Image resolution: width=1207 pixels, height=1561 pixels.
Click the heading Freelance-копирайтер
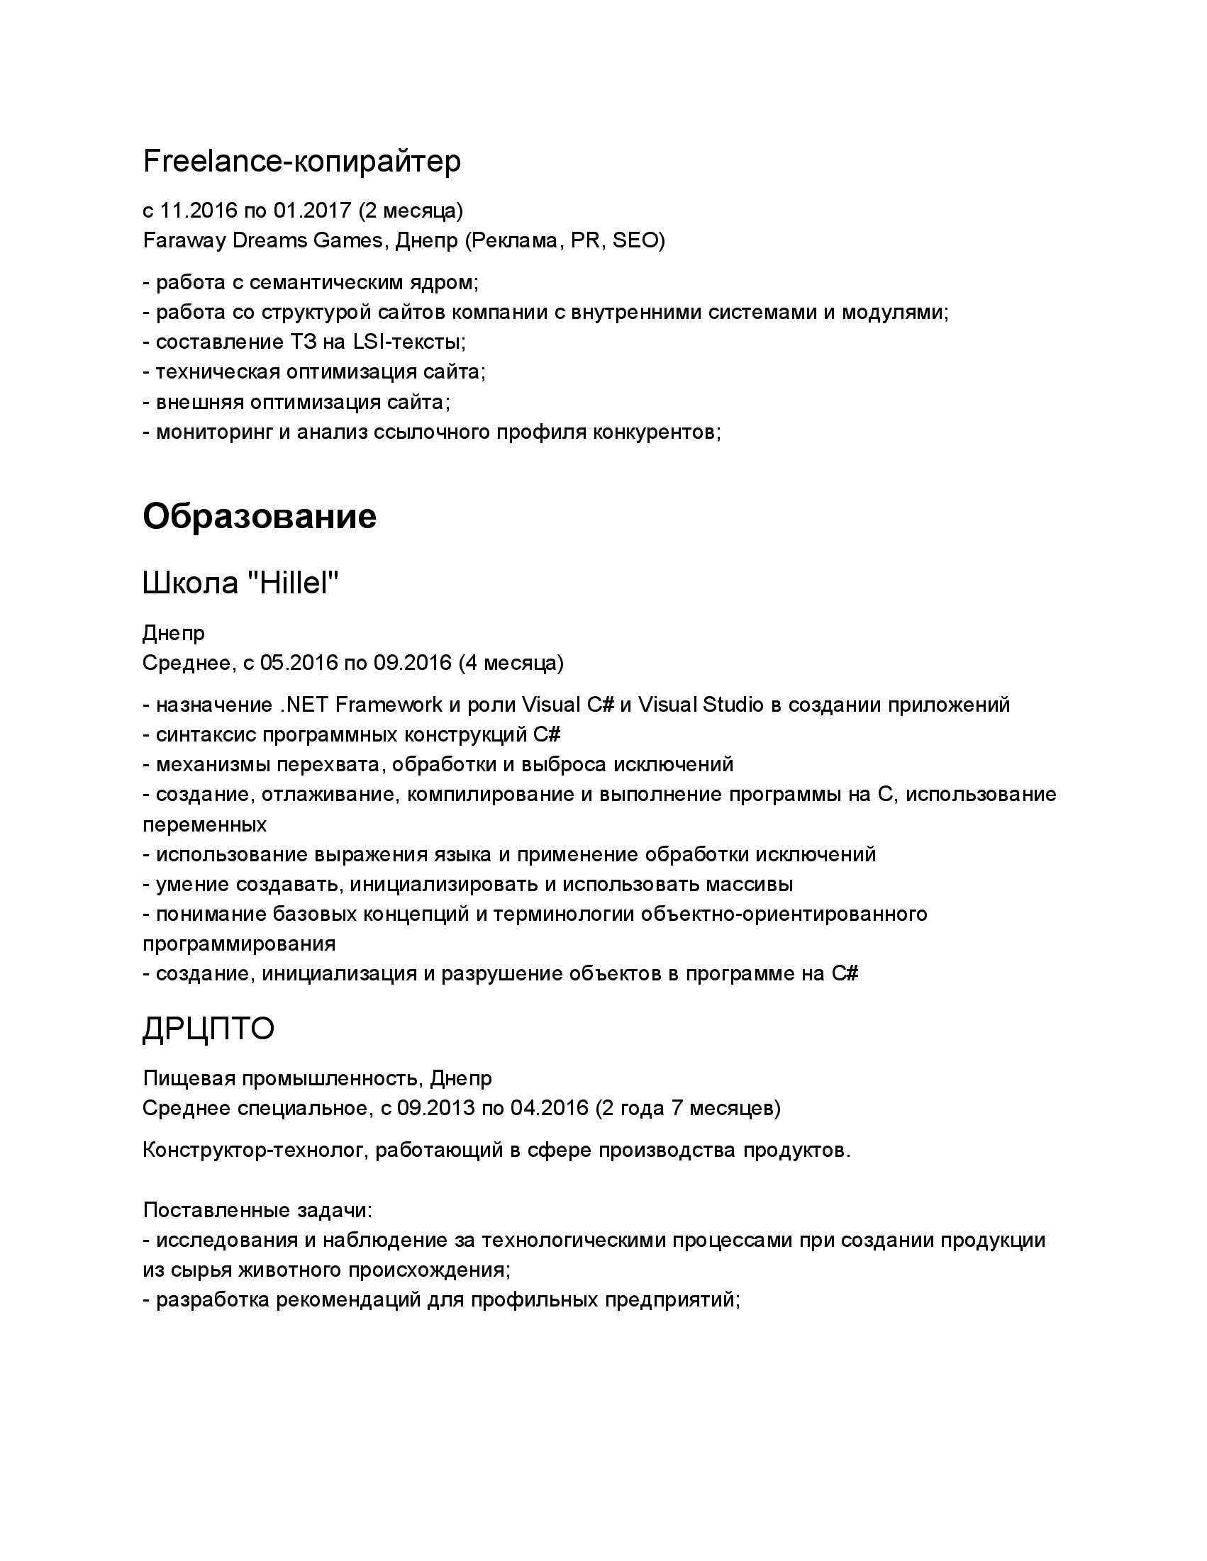(302, 162)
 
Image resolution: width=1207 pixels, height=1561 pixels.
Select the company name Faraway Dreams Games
(262, 241)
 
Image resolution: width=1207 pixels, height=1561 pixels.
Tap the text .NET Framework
(361, 705)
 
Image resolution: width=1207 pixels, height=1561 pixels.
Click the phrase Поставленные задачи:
(257, 1210)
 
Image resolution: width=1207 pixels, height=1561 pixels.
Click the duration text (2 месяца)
(411, 211)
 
